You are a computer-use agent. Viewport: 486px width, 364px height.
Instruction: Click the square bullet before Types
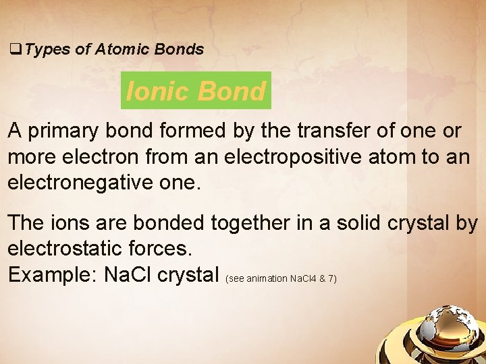click(13, 49)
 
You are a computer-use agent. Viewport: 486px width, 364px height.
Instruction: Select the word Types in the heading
click(49, 49)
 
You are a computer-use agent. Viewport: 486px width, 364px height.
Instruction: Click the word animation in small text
click(267, 278)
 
